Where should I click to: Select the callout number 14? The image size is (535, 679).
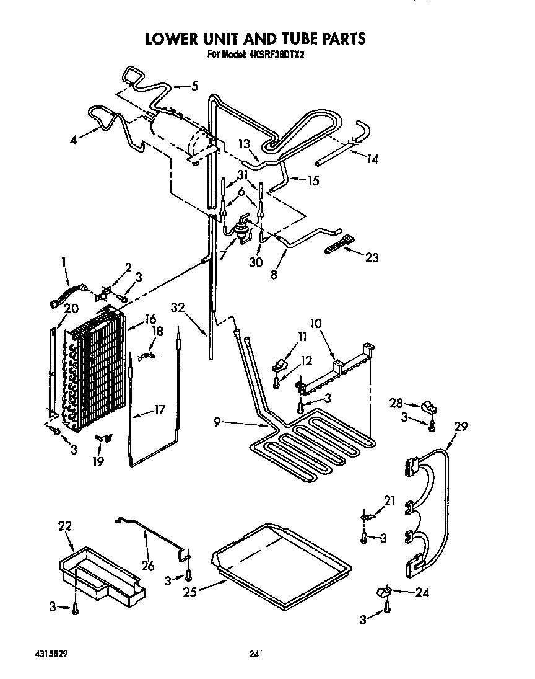click(372, 159)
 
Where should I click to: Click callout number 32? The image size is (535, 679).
click(179, 308)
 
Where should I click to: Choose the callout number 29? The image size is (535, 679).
click(461, 427)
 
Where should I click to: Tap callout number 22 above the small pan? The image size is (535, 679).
click(65, 526)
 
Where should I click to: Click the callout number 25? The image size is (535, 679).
click(190, 592)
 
